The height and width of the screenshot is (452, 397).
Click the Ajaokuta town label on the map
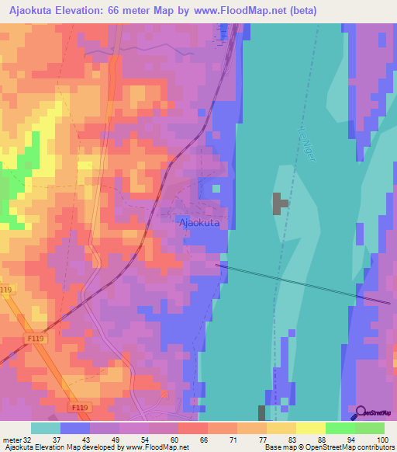point(199,223)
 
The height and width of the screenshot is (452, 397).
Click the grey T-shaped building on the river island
point(278,203)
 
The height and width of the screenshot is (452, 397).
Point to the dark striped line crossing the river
point(302,283)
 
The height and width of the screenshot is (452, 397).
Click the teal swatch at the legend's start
point(46,428)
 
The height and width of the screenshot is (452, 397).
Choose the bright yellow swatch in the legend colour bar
point(310,428)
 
